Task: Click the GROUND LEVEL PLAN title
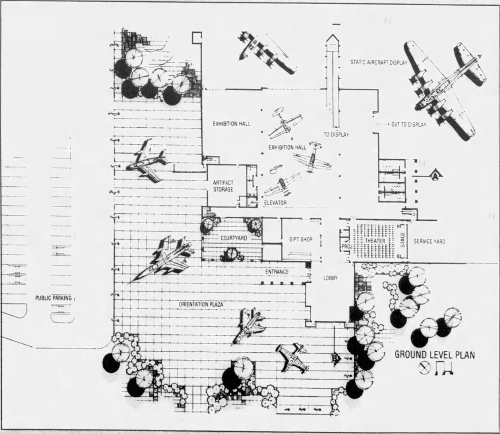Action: pos(434,355)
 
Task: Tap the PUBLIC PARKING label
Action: pos(56,298)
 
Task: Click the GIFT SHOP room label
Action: pos(300,239)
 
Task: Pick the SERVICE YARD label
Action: pos(429,241)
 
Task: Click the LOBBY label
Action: pos(330,278)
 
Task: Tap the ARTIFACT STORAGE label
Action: pos(223,186)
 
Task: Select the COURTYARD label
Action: pos(233,237)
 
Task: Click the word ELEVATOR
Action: pos(275,203)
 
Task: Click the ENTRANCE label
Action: pos(277,271)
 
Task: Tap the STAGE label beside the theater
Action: pos(402,240)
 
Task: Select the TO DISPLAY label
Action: pos(336,135)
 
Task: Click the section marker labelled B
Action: pos(335,359)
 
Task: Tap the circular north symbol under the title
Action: pos(424,369)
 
